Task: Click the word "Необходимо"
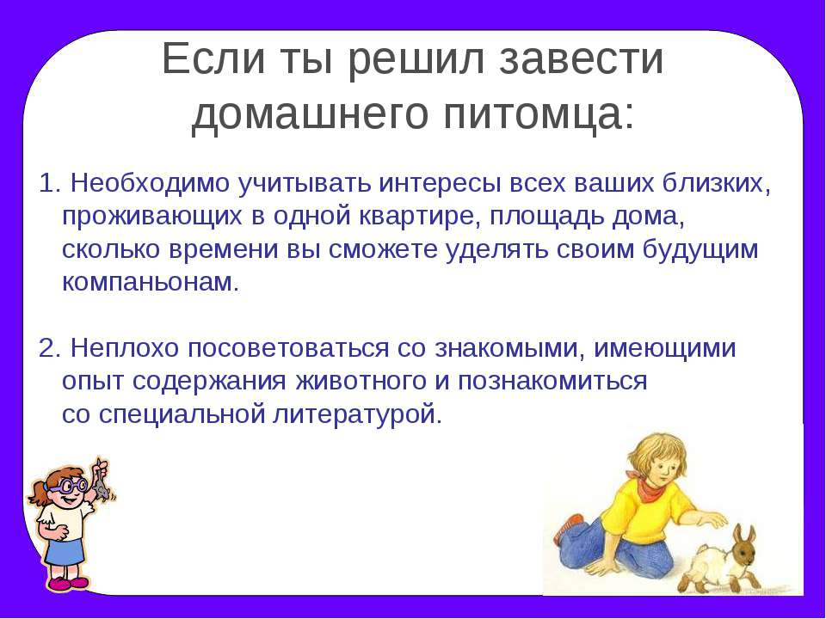tap(151, 184)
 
